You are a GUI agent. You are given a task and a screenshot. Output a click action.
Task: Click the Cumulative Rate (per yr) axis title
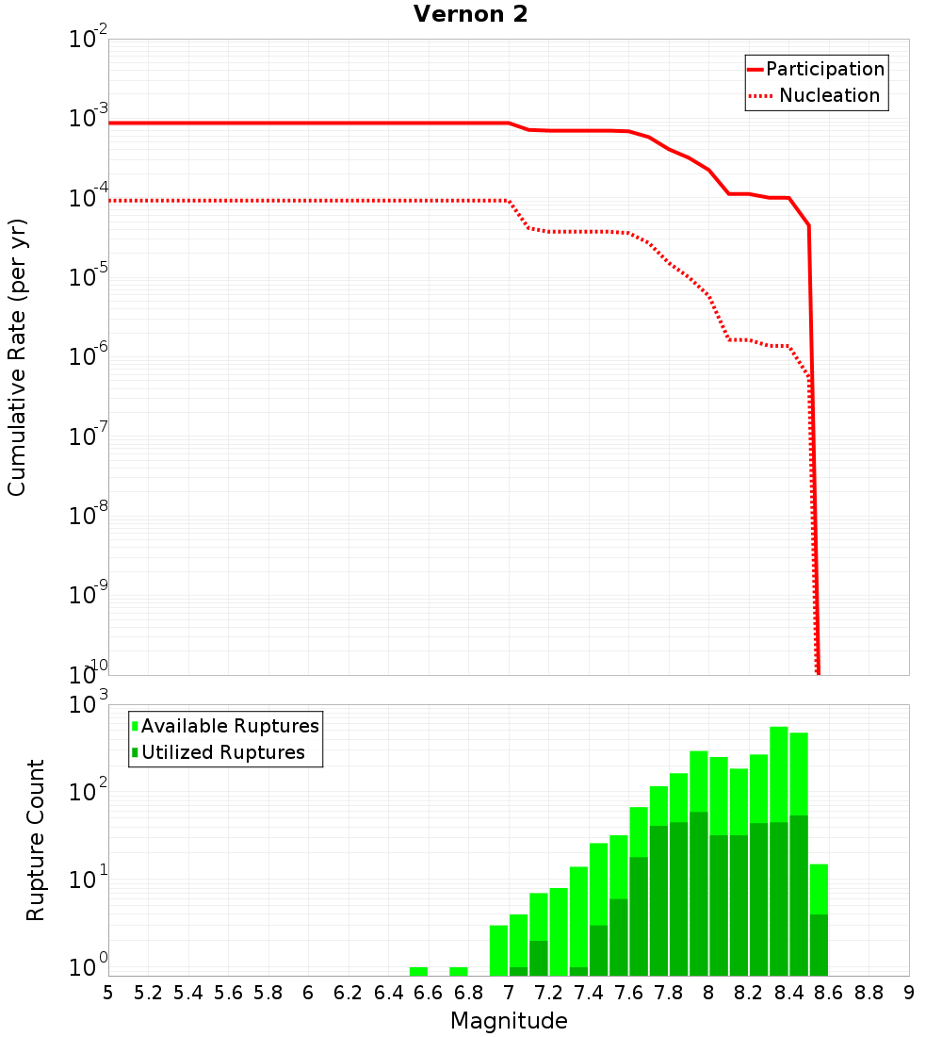(17, 356)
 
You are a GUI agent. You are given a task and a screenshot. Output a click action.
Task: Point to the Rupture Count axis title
(36, 840)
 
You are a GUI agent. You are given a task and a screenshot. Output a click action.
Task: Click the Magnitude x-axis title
(509, 1021)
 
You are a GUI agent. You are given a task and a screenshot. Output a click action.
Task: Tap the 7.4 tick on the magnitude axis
(589, 993)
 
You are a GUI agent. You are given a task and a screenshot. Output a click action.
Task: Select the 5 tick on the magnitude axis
(108, 993)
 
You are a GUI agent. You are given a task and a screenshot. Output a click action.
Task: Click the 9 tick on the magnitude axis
(909, 993)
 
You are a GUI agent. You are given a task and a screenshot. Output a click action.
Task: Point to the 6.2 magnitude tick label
(349, 993)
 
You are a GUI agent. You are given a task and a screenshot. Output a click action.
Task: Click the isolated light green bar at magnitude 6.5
(419, 971)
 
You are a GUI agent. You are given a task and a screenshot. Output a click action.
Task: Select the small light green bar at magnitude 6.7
(459, 971)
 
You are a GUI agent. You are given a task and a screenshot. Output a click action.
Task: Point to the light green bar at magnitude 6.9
(499, 950)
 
